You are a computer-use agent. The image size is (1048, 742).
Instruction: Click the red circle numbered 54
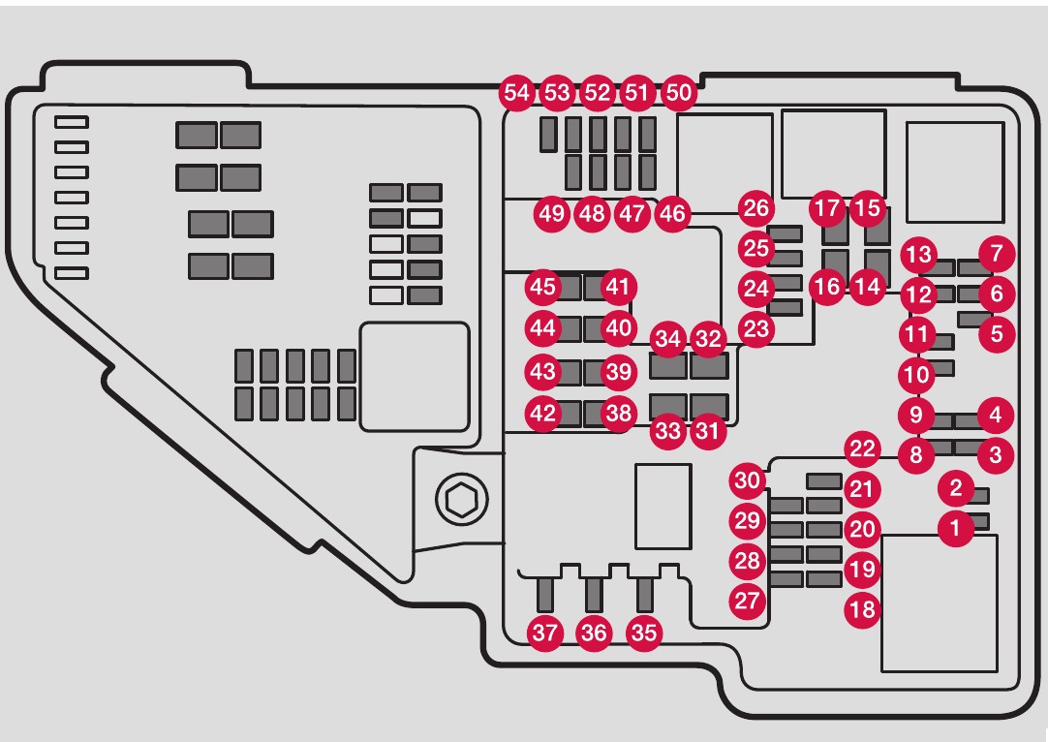click(x=517, y=93)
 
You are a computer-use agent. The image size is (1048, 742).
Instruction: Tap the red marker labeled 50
click(x=680, y=93)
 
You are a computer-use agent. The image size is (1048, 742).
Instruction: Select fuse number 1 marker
click(x=956, y=528)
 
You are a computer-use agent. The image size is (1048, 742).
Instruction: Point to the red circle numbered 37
click(x=545, y=634)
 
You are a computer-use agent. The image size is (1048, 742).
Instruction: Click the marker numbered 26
click(x=756, y=208)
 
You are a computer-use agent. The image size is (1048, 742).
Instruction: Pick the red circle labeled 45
click(x=543, y=287)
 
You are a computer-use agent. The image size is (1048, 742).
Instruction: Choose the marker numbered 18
click(x=861, y=608)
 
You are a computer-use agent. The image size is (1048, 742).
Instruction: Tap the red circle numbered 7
click(x=997, y=256)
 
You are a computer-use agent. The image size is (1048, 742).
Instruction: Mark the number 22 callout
click(x=861, y=448)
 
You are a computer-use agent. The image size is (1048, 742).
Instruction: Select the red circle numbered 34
click(x=667, y=340)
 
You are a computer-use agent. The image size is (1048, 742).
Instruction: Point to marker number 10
click(x=913, y=372)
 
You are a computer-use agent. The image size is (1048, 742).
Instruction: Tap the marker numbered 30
click(x=747, y=480)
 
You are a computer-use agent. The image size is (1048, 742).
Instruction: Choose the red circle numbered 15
click(x=869, y=207)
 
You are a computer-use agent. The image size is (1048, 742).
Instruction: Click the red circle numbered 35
click(x=644, y=634)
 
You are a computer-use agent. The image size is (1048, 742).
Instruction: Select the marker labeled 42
click(x=543, y=413)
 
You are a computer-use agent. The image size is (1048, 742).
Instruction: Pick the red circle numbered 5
click(x=997, y=335)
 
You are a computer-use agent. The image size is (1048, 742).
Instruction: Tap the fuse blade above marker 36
click(x=594, y=593)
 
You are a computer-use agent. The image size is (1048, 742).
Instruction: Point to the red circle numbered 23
click(x=756, y=328)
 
